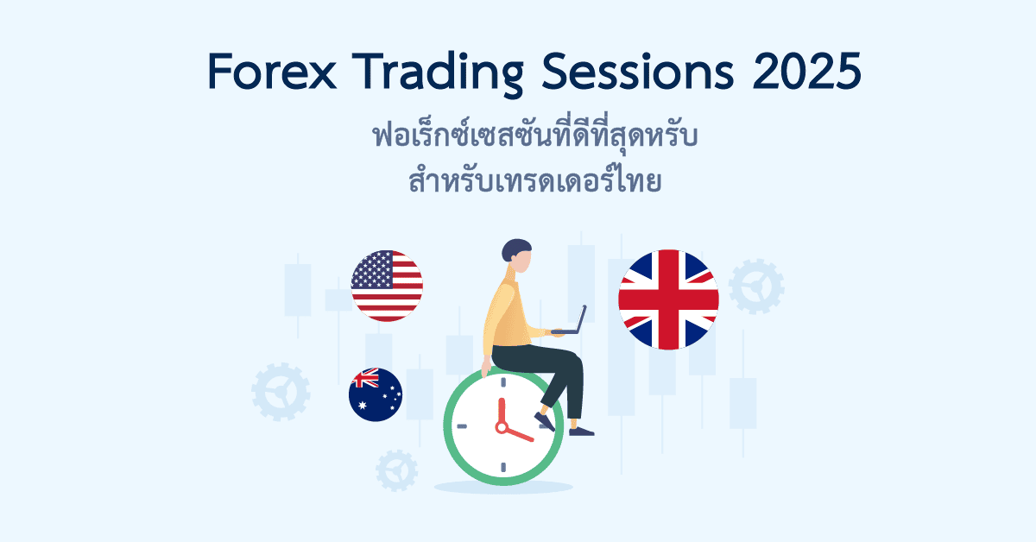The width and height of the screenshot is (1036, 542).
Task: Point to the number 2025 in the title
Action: (x=806, y=72)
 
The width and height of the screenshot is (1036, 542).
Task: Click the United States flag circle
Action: (x=387, y=286)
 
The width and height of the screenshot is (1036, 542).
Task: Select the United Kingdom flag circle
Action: (x=668, y=299)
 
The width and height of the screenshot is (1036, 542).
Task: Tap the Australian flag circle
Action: (x=376, y=394)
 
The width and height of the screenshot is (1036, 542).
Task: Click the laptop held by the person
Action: (x=572, y=321)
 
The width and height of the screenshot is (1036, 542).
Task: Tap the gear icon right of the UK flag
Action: (x=756, y=286)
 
